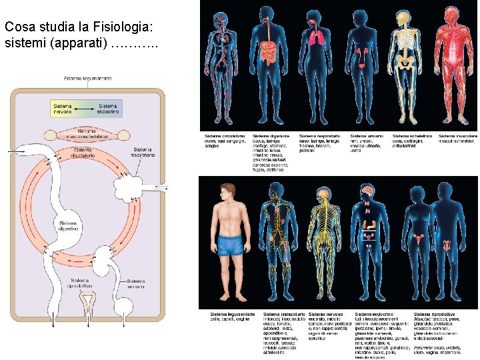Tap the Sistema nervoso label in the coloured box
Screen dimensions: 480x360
point(63,109)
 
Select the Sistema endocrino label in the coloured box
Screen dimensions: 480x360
point(108,109)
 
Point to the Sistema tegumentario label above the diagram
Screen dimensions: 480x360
point(87,79)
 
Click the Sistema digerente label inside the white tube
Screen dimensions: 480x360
point(68,227)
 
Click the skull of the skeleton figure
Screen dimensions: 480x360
point(406,17)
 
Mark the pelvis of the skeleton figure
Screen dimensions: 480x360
point(406,62)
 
